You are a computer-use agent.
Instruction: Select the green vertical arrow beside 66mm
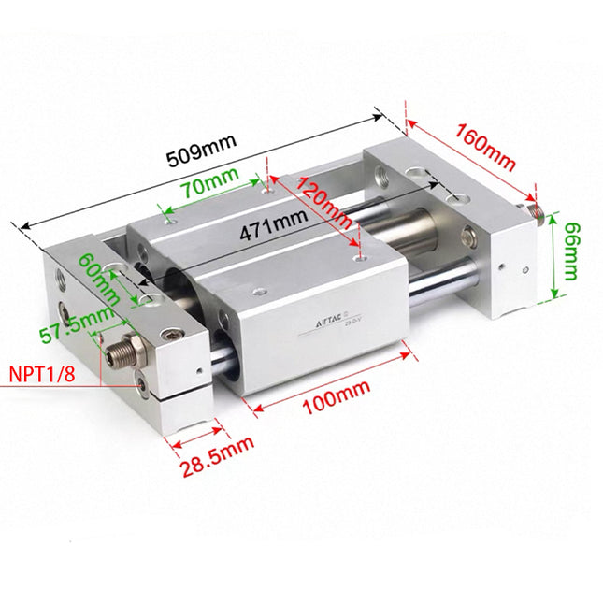click(x=554, y=254)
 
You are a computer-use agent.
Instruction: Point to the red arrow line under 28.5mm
click(x=196, y=432)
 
